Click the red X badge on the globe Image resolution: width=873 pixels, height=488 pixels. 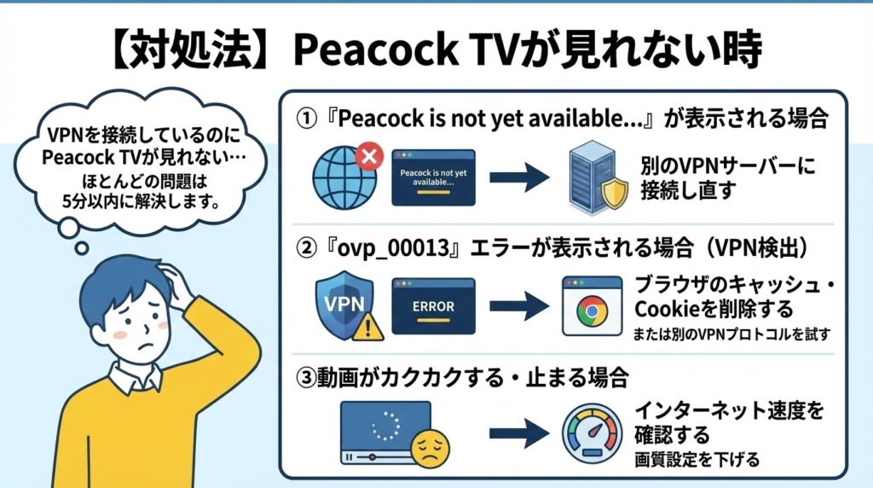coord(367,157)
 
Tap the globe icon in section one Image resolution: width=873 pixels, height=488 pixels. coord(341,177)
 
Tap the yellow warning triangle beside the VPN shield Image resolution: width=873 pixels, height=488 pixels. coord(369,325)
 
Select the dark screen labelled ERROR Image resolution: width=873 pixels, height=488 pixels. coord(433,306)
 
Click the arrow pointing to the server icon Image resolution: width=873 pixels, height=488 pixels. coord(519,177)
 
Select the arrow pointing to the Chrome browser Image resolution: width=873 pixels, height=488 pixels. coord(519,306)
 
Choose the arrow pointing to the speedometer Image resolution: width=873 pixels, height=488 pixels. coord(519,433)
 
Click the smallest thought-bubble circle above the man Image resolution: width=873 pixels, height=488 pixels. coord(82,248)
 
